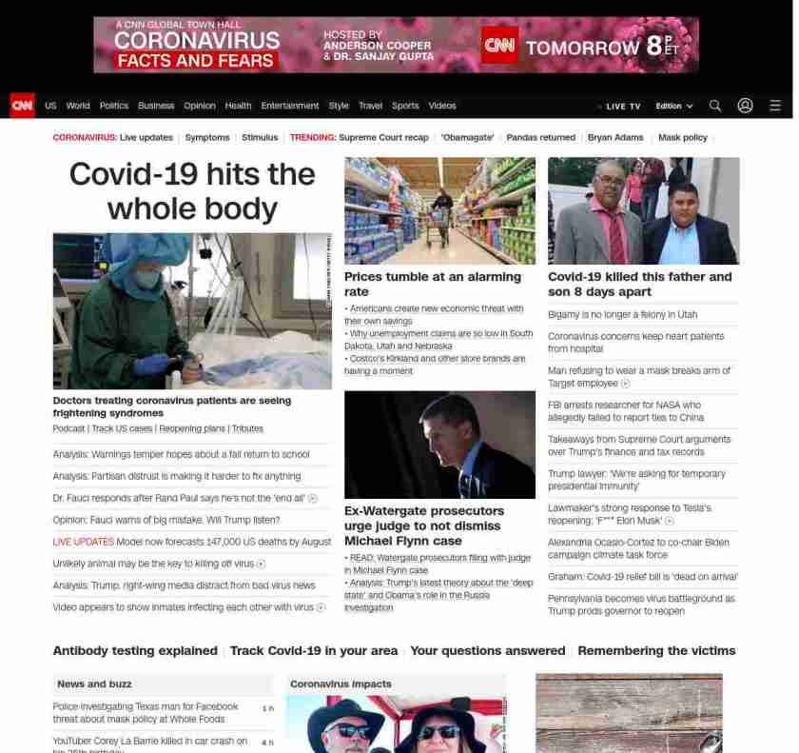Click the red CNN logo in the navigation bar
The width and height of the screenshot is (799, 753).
pyautogui.click(x=22, y=106)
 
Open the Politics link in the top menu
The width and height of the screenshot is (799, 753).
pyautogui.click(x=114, y=106)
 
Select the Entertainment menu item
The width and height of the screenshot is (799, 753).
pyautogui.click(x=290, y=106)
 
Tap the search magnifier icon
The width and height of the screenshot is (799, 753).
pyautogui.click(x=715, y=106)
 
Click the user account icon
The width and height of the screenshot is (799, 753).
pyautogui.click(x=745, y=106)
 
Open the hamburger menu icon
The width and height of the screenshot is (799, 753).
pyautogui.click(x=775, y=106)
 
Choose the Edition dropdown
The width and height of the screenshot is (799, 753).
pyautogui.click(x=673, y=107)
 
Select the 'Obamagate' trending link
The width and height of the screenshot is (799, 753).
pyautogui.click(x=467, y=138)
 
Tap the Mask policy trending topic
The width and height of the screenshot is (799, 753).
pyautogui.click(x=682, y=138)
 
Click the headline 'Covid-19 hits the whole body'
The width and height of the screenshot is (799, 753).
pyautogui.click(x=192, y=190)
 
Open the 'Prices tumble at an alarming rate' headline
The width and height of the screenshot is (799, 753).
pyautogui.click(x=433, y=284)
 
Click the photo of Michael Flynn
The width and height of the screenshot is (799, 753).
pyautogui.click(x=439, y=445)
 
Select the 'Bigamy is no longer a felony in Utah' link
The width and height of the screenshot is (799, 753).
pyautogui.click(x=622, y=314)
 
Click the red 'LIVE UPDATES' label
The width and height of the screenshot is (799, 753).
pyautogui.click(x=83, y=542)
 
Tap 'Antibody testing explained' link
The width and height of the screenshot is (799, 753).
pyautogui.click(x=135, y=651)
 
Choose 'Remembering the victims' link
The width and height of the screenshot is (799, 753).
pyautogui.click(x=656, y=651)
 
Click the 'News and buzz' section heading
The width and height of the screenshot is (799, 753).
pyautogui.click(x=94, y=684)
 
